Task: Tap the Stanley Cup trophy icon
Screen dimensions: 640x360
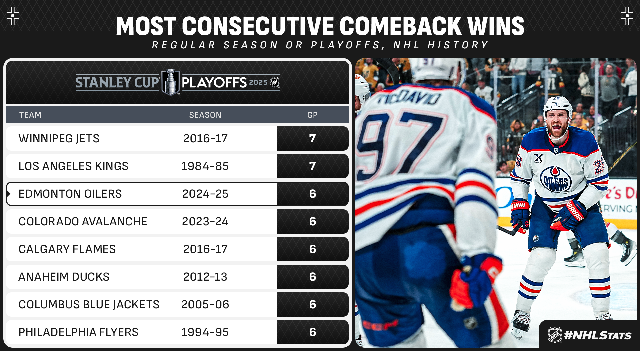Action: pyautogui.click(x=171, y=82)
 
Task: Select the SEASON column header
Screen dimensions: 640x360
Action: pyautogui.click(x=205, y=115)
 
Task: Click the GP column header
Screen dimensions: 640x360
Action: pyautogui.click(x=312, y=115)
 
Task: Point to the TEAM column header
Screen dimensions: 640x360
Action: pyautogui.click(x=30, y=115)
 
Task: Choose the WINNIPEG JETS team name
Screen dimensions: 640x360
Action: pyautogui.click(x=59, y=138)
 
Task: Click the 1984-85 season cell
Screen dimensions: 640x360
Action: pyautogui.click(x=205, y=166)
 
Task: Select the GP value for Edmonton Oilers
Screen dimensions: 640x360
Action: pyautogui.click(x=312, y=194)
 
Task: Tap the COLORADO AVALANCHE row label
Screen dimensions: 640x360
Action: pyautogui.click(x=83, y=221)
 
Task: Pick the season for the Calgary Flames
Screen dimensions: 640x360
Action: pyautogui.click(x=205, y=249)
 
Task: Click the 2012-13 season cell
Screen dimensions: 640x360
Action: pyautogui.click(x=205, y=277)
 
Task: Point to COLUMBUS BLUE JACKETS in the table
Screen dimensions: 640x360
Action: pyautogui.click(x=89, y=304)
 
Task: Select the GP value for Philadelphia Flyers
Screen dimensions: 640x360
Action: pyautogui.click(x=312, y=332)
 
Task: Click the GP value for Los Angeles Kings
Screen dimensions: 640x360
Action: pyautogui.click(x=312, y=166)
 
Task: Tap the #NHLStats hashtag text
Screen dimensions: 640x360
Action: pyautogui.click(x=598, y=335)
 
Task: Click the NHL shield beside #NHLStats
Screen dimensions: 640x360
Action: pyautogui.click(x=555, y=335)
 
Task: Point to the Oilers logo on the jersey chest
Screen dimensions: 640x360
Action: pyautogui.click(x=556, y=179)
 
